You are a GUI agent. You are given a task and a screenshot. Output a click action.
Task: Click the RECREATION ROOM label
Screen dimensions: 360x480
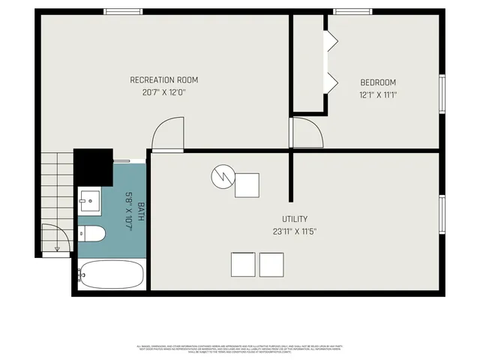[164, 80]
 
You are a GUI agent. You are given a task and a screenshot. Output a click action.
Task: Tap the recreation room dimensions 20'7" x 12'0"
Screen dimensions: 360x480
[164, 93]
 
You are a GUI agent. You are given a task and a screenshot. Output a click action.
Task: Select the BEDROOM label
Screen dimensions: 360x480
[378, 82]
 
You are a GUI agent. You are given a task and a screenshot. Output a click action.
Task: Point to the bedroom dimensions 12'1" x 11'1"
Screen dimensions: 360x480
[378, 95]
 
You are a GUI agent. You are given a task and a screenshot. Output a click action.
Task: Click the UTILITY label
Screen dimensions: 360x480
[295, 219]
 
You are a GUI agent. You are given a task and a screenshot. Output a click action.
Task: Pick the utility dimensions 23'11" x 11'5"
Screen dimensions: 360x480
[295, 232]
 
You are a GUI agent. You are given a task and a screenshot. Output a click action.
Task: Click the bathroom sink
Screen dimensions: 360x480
[90, 200]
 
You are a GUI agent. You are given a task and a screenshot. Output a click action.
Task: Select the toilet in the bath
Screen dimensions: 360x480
[91, 234]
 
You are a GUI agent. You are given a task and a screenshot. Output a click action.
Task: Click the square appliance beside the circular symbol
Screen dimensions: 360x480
[247, 185]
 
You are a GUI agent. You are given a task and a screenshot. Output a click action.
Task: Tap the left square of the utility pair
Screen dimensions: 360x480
[243, 265]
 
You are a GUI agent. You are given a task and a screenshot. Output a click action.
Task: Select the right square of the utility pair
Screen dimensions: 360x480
[271, 265]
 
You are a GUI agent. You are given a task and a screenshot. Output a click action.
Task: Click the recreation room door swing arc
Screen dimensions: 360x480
[166, 136]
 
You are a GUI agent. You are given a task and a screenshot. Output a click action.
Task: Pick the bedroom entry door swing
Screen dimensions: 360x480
[307, 133]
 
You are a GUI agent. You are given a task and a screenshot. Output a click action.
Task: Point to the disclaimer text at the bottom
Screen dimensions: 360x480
[239, 348]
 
